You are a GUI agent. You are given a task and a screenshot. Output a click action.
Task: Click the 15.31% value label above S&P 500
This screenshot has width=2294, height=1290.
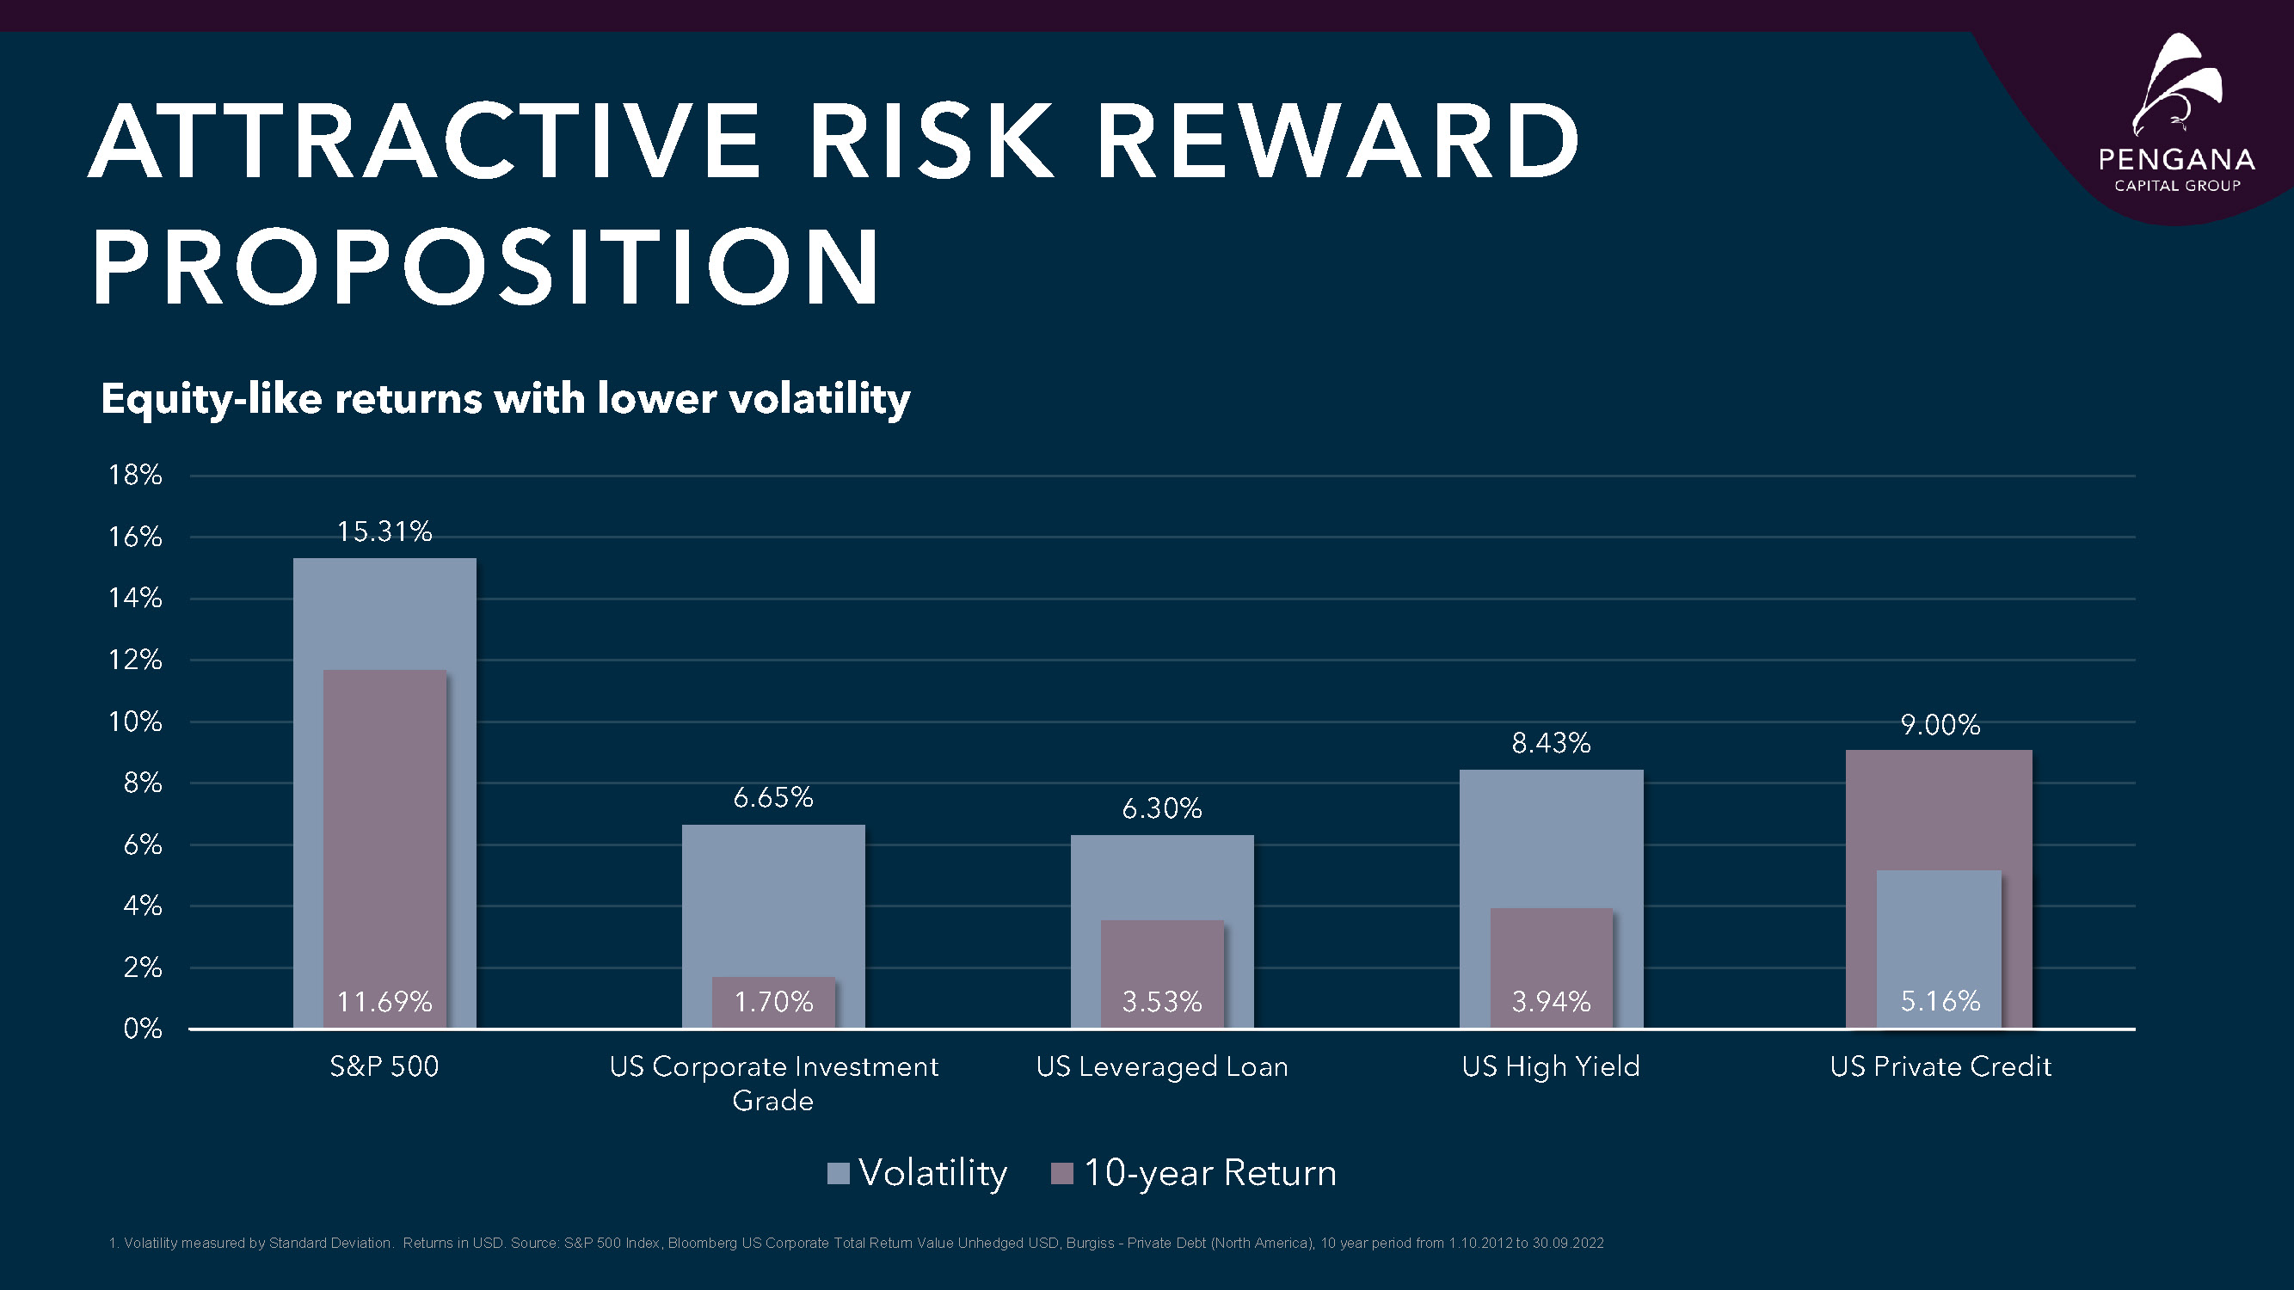coord(384,531)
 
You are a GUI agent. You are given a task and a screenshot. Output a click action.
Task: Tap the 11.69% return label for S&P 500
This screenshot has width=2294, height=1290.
coord(384,1002)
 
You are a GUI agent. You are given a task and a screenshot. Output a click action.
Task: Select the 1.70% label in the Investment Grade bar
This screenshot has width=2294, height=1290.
coord(773,1002)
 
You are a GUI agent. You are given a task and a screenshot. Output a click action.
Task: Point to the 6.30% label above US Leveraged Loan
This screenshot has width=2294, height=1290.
coord(1161,808)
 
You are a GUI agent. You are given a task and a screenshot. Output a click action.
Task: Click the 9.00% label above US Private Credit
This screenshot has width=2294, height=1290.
coord(1940,725)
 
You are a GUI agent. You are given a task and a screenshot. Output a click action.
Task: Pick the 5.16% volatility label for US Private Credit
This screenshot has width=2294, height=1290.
coord(1940,1002)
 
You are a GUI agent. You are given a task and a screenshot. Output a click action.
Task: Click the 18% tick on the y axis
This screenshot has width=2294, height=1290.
coord(135,476)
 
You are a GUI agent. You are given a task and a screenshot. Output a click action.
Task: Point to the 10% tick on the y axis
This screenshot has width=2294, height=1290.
coord(135,722)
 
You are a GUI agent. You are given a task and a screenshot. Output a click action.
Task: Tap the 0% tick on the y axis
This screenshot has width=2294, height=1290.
coord(143,1029)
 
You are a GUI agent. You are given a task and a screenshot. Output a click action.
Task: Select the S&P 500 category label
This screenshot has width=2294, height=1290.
coord(384,1066)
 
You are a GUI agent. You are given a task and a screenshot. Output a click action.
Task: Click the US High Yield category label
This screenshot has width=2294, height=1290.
coord(1551,1066)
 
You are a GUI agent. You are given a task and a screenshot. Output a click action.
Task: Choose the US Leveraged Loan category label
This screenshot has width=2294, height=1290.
coord(1161,1066)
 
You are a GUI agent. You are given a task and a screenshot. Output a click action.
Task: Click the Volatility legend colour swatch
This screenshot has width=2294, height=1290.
coord(838,1173)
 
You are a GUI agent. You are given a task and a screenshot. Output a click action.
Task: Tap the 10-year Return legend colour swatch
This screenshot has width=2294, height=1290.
coord(1061,1173)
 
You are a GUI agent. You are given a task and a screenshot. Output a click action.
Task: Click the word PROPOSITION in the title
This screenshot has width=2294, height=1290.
coord(486,267)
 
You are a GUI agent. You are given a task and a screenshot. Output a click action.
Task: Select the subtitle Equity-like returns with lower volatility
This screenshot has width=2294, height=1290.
coord(505,398)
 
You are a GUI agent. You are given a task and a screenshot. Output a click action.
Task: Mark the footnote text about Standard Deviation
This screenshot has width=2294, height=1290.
coord(855,1243)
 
